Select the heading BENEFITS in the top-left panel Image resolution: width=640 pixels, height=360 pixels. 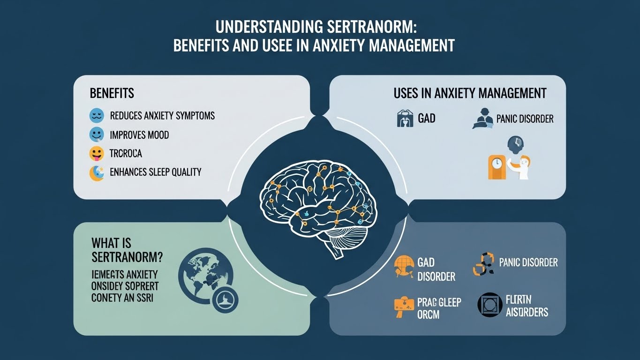coord(112,93)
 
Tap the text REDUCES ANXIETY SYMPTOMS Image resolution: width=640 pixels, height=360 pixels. coord(162,115)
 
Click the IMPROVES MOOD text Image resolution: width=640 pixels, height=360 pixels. coord(139,135)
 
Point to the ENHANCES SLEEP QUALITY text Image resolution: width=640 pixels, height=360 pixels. coord(155,172)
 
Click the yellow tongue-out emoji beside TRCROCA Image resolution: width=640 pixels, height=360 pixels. coord(96,154)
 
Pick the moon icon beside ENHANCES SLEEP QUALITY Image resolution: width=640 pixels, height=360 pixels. coord(96,172)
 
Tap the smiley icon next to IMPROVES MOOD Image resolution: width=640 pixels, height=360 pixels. coord(96,135)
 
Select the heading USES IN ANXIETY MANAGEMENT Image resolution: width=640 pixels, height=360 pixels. coord(470,93)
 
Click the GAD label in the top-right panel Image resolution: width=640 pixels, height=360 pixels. coord(426,118)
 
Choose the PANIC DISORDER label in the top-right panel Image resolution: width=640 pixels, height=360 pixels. coord(524,119)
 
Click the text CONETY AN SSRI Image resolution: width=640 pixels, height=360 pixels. coord(125,298)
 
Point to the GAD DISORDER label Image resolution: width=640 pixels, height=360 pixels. coord(436,269)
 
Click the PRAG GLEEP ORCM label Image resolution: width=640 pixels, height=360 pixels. coord(439,308)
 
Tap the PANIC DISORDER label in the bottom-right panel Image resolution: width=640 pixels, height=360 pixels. coord(528,262)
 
